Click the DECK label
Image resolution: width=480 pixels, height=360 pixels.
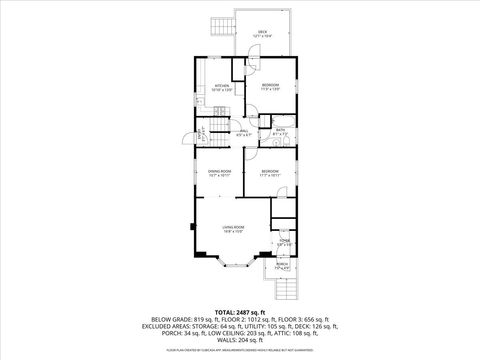coord(262,32)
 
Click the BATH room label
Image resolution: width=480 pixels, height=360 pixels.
coord(281,130)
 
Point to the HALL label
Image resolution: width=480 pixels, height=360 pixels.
coord(243,130)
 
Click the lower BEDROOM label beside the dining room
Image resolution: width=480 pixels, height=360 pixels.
coord(270,172)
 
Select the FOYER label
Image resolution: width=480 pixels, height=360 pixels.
coord(284,242)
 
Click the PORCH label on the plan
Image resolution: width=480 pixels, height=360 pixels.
coord(282,266)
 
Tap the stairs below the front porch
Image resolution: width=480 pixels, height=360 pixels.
coord(290,287)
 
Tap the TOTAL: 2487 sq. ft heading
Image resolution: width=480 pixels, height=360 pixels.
coord(240,313)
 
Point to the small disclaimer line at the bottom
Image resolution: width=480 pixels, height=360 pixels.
coord(240,352)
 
